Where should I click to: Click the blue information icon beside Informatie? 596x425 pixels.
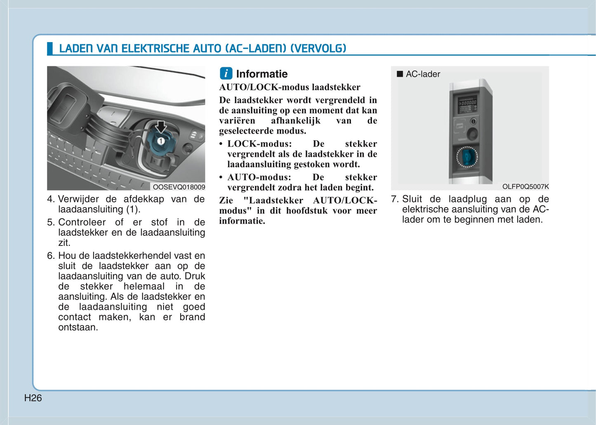click(x=226, y=73)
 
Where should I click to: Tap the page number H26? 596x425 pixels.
click(x=33, y=398)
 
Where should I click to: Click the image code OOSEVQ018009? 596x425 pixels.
click(x=179, y=187)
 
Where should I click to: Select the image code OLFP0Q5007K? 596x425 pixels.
click(x=525, y=187)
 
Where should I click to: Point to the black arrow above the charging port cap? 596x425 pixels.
click(x=161, y=127)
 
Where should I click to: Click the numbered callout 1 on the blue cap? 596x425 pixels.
click(x=160, y=141)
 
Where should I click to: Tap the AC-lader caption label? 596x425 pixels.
click(x=423, y=74)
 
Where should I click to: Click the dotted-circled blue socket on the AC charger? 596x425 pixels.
click(x=467, y=157)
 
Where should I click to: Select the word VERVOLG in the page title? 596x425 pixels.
click(x=318, y=49)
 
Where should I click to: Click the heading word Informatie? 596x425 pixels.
click(x=262, y=74)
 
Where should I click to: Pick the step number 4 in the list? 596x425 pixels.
click(x=50, y=199)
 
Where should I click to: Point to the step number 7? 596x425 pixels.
click(x=394, y=199)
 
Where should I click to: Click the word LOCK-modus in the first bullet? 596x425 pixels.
click(x=259, y=144)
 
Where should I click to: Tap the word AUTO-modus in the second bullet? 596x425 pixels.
click(x=259, y=177)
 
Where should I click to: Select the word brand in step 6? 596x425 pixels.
click(x=192, y=317)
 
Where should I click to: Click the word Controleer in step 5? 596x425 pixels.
click(x=82, y=222)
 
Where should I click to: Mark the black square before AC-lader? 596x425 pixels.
click(x=399, y=74)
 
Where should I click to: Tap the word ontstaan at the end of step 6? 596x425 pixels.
click(x=78, y=327)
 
